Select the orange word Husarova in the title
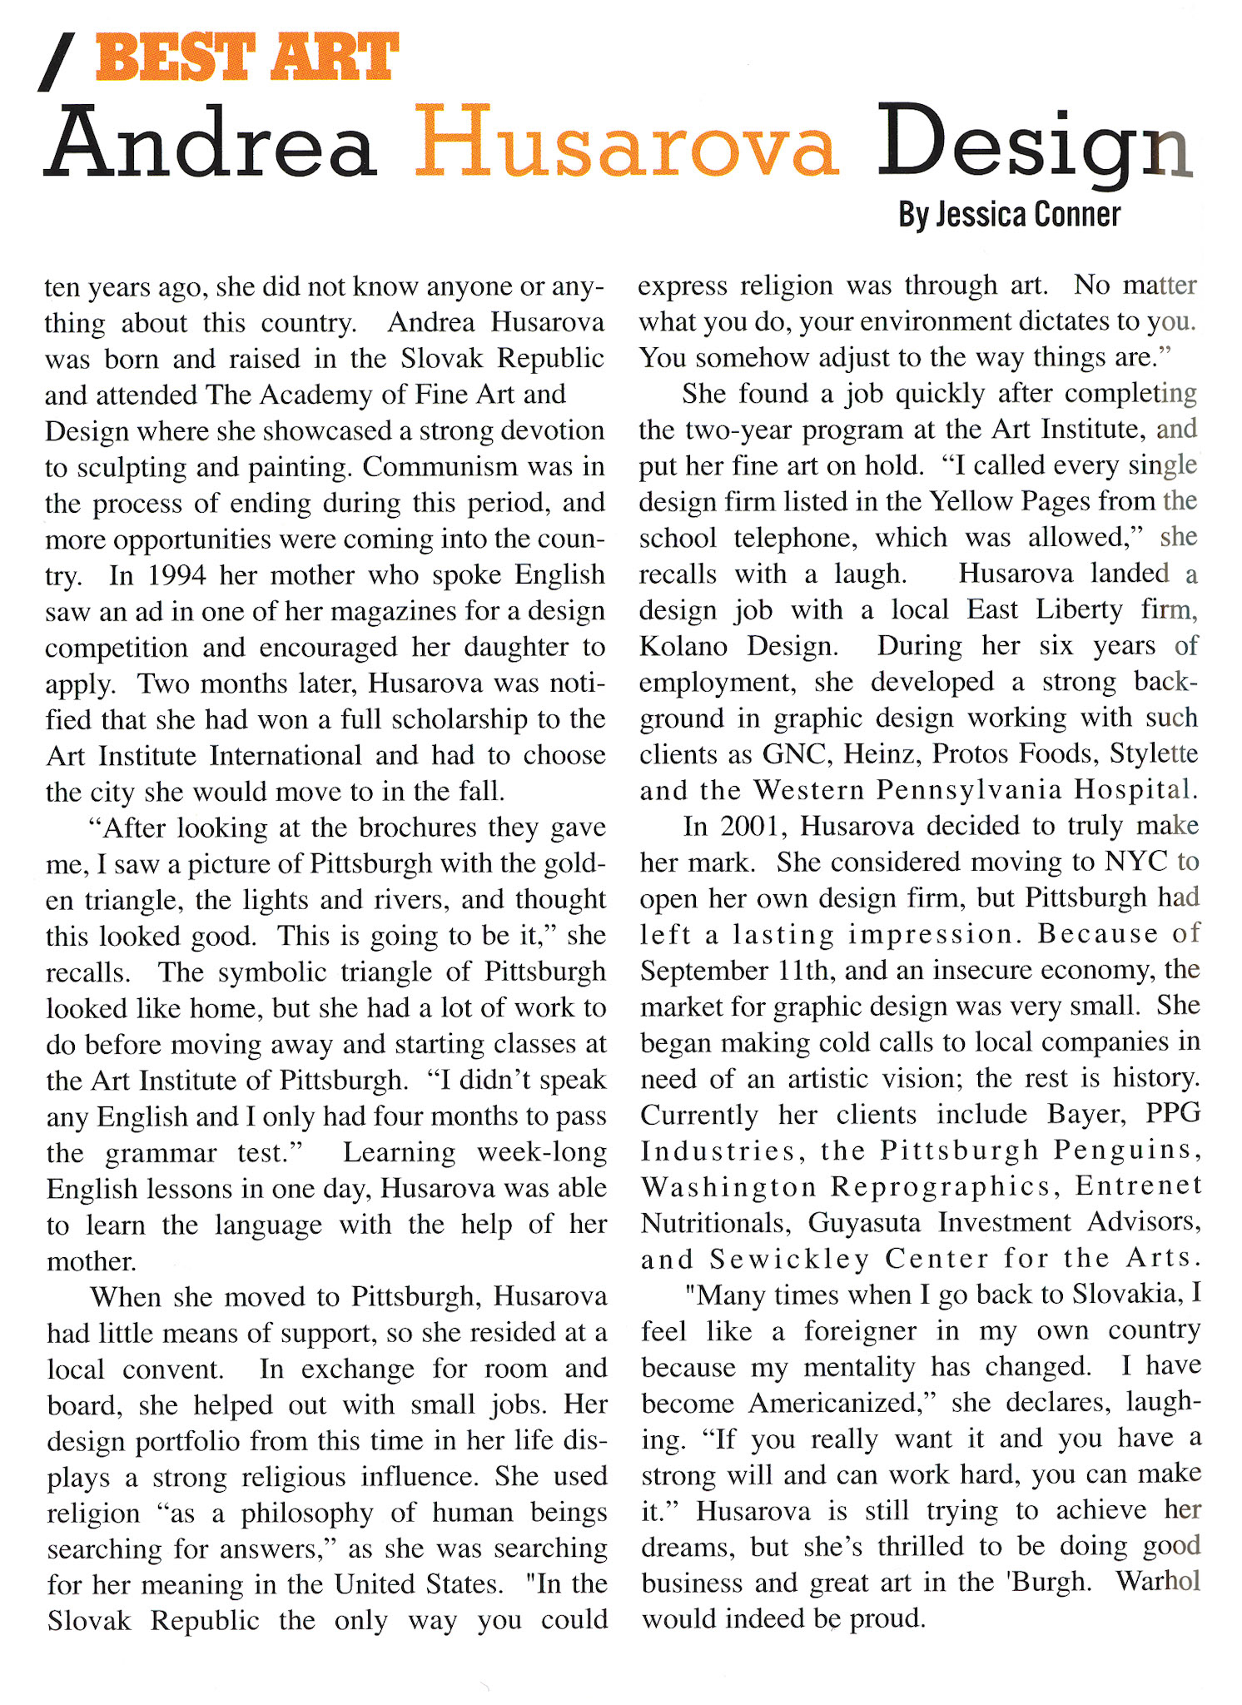tap(626, 143)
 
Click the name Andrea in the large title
tap(210, 143)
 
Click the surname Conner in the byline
tap(1077, 215)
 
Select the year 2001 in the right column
tap(753, 826)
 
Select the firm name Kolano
tap(683, 646)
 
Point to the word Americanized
tap(842, 1404)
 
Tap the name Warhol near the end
tap(1158, 1582)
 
